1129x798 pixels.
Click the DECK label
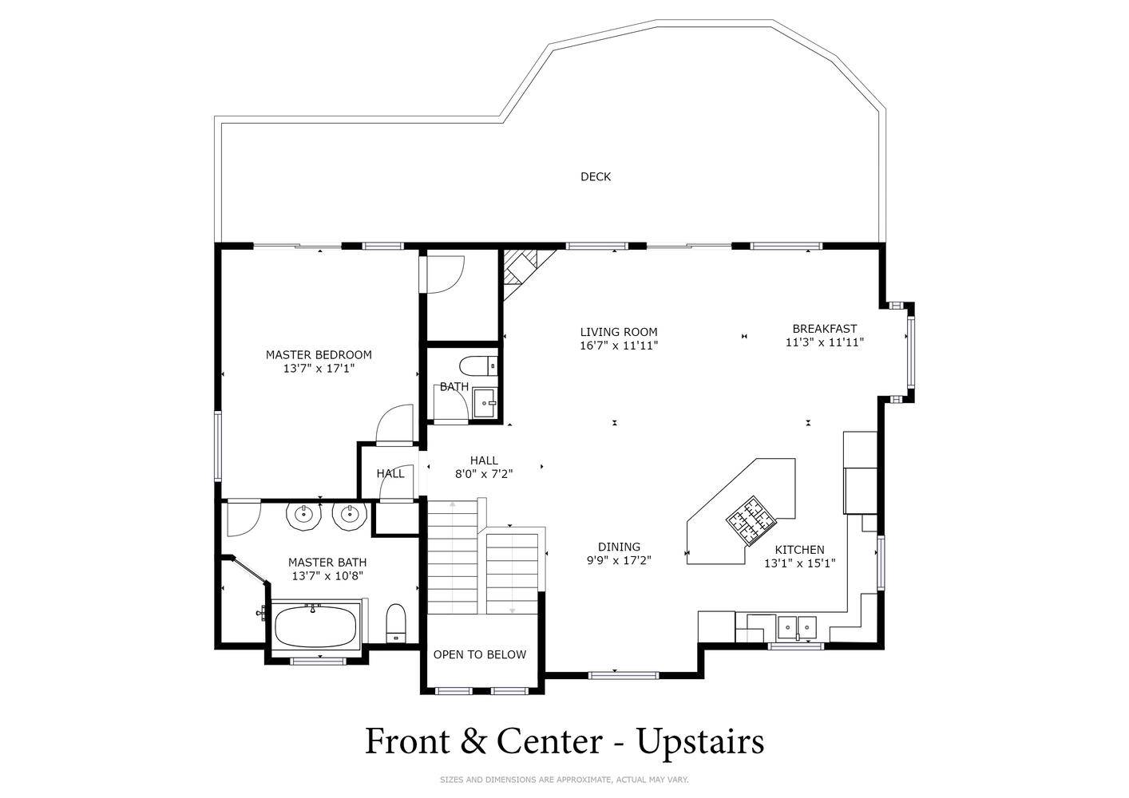[596, 177]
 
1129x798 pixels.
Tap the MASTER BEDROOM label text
[319, 354]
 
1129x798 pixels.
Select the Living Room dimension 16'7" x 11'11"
[619, 346]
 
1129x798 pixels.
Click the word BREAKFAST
[825, 329]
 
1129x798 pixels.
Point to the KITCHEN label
[799, 550]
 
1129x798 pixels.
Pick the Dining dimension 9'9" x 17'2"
[619, 560]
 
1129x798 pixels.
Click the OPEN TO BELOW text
[479, 654]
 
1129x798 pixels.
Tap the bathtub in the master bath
[316, 625]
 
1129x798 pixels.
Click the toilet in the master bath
[396, 623]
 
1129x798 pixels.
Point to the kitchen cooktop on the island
[751, 521]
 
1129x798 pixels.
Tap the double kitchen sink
[797, 627]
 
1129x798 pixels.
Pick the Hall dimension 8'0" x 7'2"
[484, 473]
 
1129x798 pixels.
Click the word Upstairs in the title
[700, 741]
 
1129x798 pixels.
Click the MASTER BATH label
[327, 563]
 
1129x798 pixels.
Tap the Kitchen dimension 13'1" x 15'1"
[800, 563]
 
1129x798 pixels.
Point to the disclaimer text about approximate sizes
[564, 780]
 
